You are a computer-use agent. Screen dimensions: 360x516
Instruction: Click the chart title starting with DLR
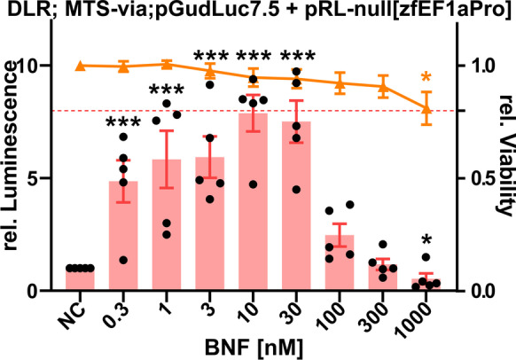click(x=257, y=12)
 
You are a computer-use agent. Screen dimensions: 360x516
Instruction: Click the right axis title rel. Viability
click(x=503, y=168)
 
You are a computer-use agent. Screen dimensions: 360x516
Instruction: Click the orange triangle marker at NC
click(x=80, y=67)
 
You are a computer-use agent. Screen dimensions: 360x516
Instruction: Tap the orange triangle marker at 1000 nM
click(x=426, y=109)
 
